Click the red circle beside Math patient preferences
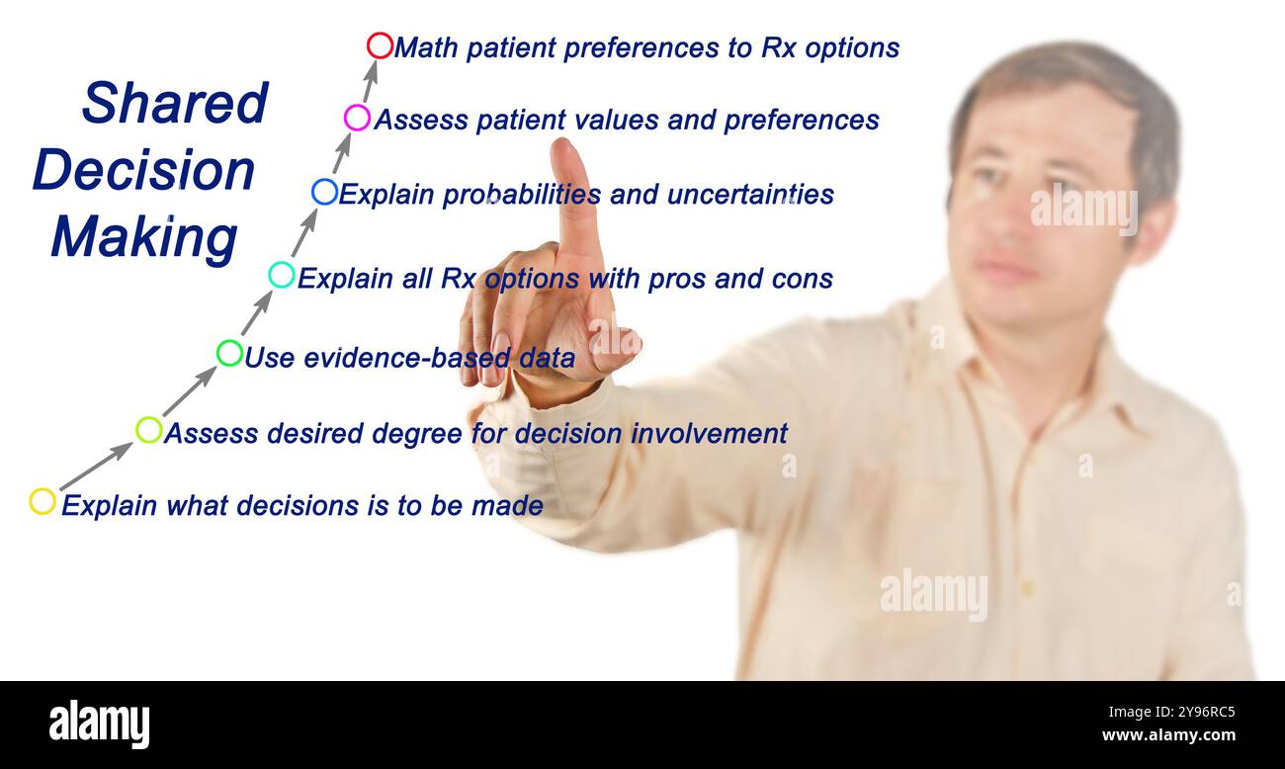(380, 45)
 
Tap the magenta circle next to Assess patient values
(357, 119)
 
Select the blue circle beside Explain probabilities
(324, 192)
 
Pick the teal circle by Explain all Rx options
(282, 275)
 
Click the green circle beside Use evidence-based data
(229, 353)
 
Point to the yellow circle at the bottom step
(43, 501)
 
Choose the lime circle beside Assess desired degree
(149, 429)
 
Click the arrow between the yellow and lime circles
(95, 466)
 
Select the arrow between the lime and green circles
(189, 390)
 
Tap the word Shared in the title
(175, 103)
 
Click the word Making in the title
(144, 238)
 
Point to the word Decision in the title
(144, 170)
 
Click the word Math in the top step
(426, 47)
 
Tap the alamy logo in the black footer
(99, 724)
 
